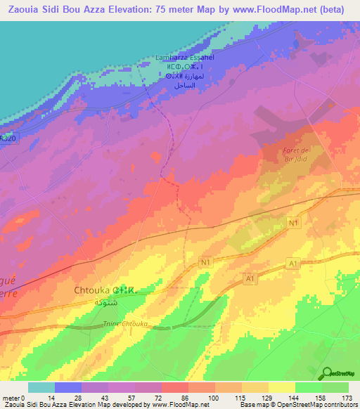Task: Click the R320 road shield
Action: pos(7,141)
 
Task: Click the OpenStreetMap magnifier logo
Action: pos(328,373)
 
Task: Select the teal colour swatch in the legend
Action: pos(41,387)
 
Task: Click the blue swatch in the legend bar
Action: pos(68,387)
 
